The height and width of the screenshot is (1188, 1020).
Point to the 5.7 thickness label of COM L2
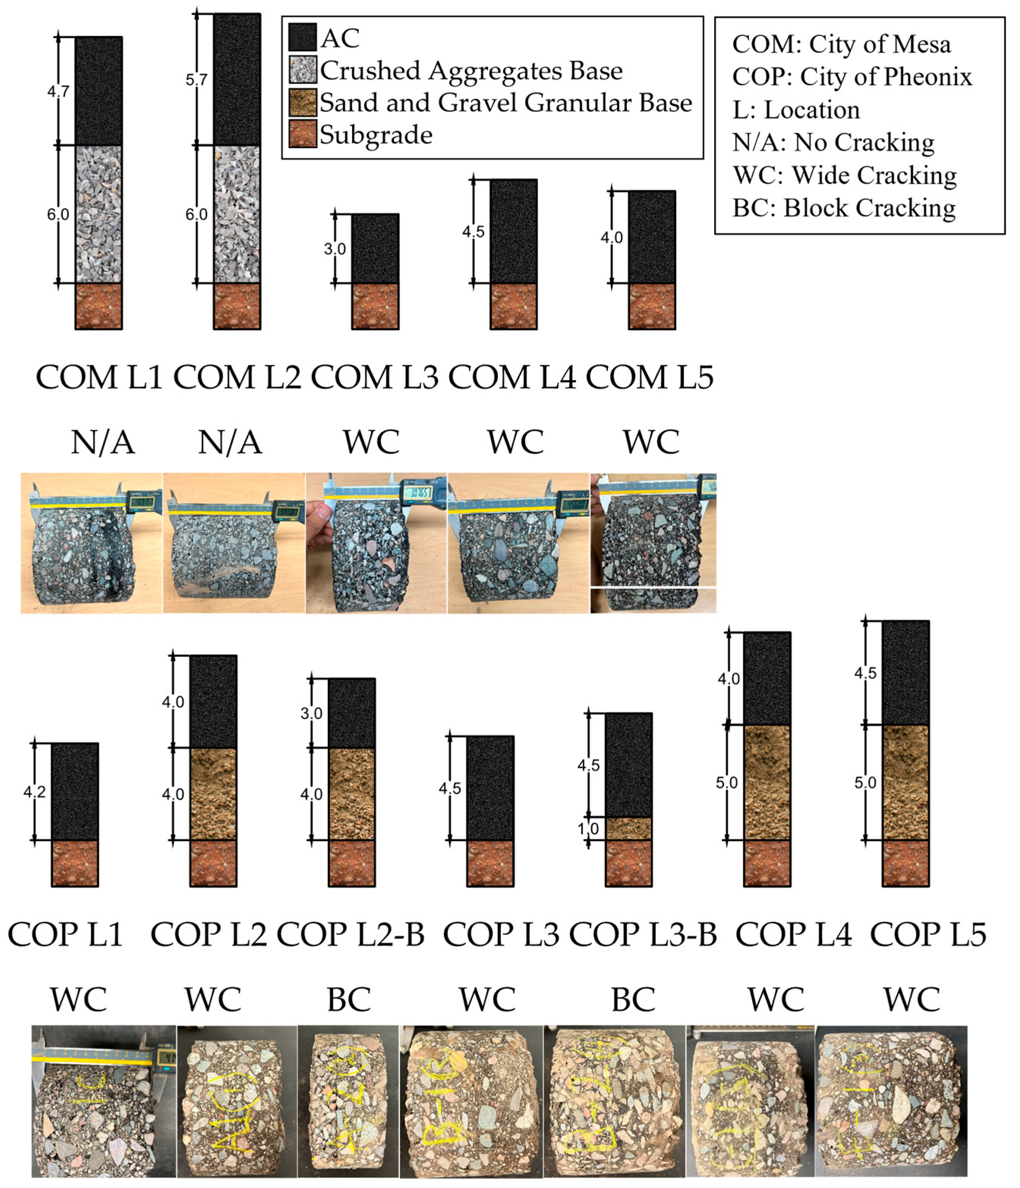click(196, 80)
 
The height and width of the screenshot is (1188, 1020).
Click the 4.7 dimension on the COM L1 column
click(58, 91)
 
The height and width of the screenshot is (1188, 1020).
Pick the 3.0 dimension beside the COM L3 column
click(334, 249)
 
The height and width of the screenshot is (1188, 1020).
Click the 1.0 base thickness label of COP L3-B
click(588, 828)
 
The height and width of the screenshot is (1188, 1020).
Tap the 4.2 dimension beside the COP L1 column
click(35, 792)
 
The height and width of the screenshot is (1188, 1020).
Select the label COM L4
click(512, 378)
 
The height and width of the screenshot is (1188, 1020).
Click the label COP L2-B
click(351, 935)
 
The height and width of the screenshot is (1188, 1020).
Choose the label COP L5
click(928, 935)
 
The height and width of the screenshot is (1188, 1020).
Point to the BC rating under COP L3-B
click(633, 1000)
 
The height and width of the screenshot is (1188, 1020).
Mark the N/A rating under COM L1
click(103, 443)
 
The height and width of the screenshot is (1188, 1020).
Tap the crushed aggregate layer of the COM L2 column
click(237, 214)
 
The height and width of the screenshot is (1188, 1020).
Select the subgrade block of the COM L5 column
click(652, 306)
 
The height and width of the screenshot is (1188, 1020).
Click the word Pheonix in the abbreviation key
click(930, 77)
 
